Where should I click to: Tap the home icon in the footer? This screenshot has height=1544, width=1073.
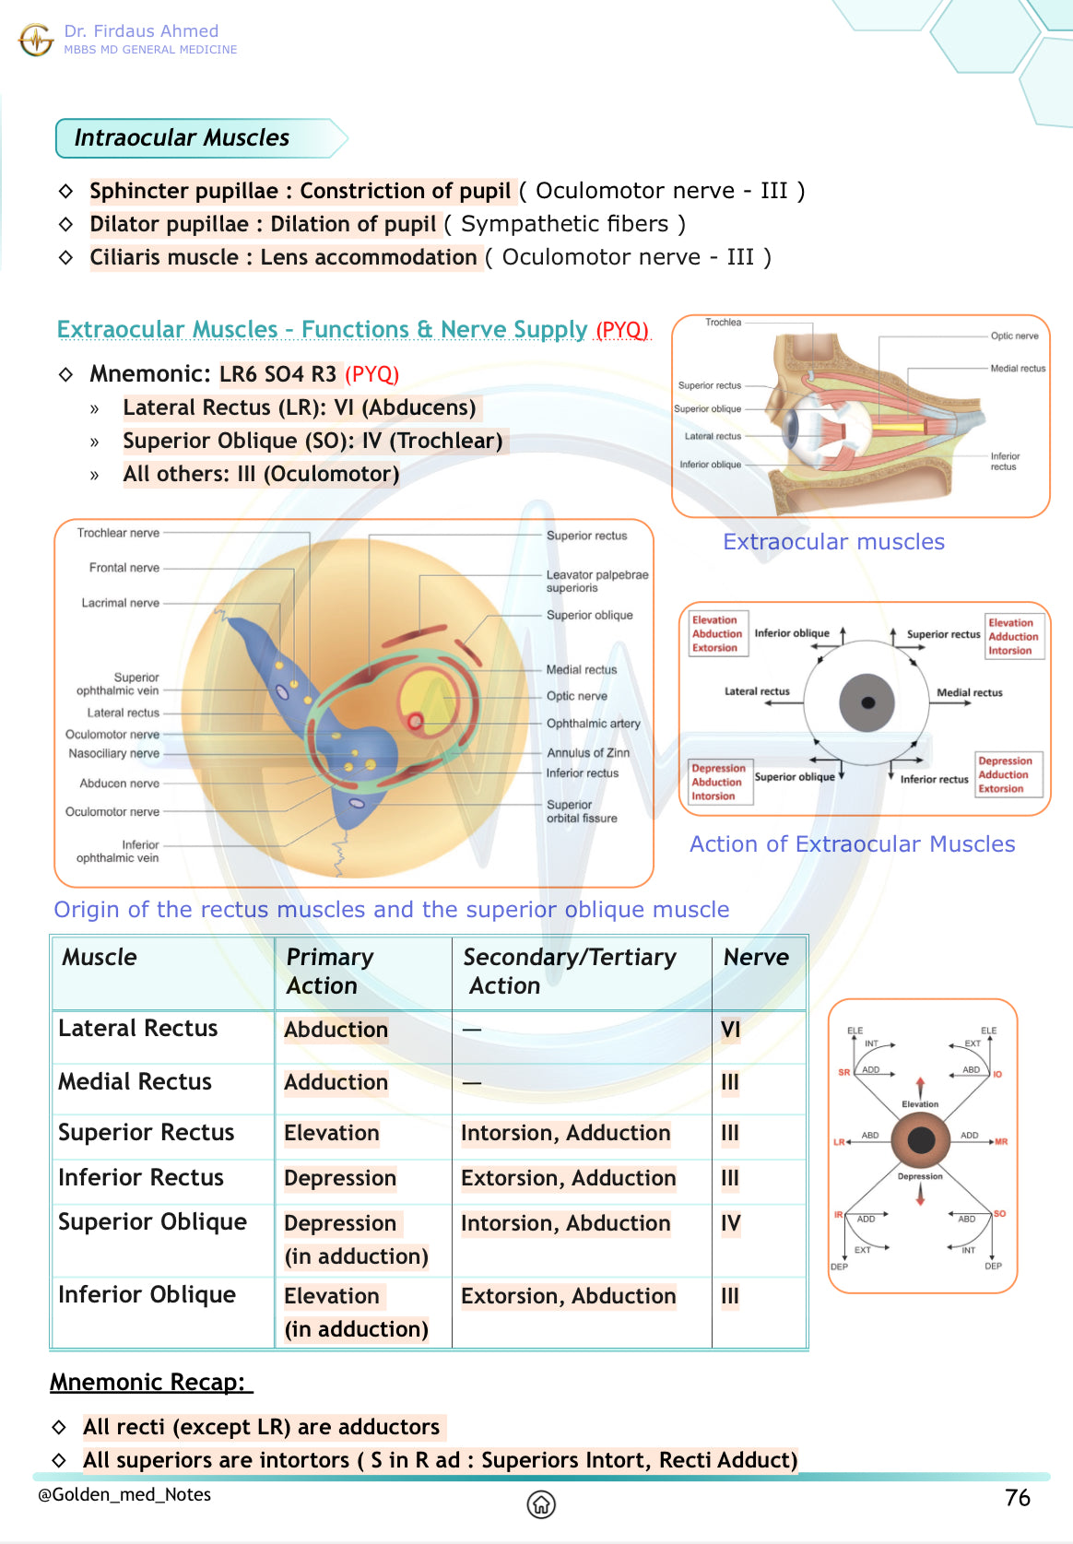pos(541,1504)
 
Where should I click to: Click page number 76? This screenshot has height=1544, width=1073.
pos(1017,1498)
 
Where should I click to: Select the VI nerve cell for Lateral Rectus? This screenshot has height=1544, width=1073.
pos(730,1030)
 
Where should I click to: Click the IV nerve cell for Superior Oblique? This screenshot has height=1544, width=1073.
pos(730,1223)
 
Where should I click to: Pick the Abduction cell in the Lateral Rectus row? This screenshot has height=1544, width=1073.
pos(336,1030)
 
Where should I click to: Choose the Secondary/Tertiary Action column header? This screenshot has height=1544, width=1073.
pos(570,971)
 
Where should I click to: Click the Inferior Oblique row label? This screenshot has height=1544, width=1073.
pos(147,1295)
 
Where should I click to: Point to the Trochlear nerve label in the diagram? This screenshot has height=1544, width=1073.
pos(118,533)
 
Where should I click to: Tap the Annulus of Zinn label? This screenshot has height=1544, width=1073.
pos(588,753)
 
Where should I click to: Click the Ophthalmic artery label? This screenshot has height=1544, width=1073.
pos(593,724)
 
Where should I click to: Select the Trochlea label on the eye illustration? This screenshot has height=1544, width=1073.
pos(723,323)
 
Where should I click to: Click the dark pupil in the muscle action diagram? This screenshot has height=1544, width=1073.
pos(867,702)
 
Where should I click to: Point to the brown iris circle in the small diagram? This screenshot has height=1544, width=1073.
pos(921,1140)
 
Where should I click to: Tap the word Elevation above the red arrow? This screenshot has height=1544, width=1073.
pos(920,1104)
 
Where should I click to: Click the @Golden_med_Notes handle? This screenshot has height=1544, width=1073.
pos(124,1494)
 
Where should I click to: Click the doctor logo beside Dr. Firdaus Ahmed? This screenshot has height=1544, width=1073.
pos(36,40)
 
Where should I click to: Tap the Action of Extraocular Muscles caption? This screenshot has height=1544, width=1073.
pos(852,844)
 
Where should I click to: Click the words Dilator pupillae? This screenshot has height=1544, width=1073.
pos(169,224)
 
